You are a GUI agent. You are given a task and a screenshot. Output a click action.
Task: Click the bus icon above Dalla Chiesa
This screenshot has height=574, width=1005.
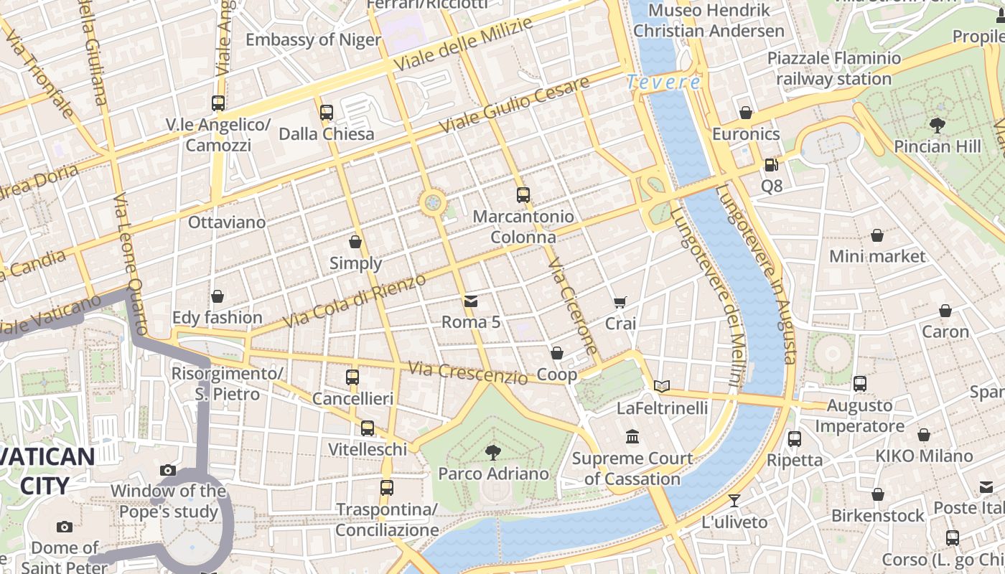tap(327, 113)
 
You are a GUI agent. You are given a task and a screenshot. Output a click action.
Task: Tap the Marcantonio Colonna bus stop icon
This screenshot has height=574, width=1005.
tap(523, 194)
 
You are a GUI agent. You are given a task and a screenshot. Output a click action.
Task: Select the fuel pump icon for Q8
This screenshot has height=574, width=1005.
tap(771, 164)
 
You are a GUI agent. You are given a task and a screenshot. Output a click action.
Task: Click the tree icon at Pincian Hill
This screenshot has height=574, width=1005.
tap(937, 125)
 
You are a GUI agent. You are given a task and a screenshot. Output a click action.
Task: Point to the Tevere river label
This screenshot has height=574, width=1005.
tap(663, 83)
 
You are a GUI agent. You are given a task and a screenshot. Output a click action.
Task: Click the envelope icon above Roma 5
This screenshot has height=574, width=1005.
tap(471, 301)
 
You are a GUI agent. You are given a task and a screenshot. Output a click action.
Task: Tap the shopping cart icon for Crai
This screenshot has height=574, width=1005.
tap(620, 302)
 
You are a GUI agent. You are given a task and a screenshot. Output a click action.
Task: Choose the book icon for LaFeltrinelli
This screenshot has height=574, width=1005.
tap(662, 387)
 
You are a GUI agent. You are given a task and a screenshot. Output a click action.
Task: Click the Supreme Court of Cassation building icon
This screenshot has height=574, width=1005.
tap(632, 436)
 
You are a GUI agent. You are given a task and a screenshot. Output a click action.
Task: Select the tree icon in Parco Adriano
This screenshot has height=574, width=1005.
tap(493, 452)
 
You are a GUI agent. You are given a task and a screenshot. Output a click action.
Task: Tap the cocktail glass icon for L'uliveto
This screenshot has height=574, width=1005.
tap(734, 500)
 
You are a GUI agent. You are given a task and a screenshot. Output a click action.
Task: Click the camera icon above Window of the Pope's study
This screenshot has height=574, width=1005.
tap(168, 470)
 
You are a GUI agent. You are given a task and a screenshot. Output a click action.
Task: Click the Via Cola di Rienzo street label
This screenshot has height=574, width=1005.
tap(355, 301)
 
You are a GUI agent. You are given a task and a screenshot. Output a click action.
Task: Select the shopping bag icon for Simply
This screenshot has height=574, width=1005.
tap(355, 242)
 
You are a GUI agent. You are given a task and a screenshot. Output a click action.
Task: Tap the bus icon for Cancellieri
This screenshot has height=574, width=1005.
tap(352, 377)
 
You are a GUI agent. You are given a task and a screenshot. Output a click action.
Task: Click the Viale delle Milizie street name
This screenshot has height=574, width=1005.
tap(463, 44)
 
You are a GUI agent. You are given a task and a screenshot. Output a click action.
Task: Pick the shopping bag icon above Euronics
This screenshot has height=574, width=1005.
tap(746, 113)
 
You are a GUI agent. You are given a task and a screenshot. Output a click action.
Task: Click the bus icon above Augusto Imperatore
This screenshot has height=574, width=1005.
tap(860, 384)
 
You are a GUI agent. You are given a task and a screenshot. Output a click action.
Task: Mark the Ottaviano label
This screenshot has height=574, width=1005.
tap(227, 222)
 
